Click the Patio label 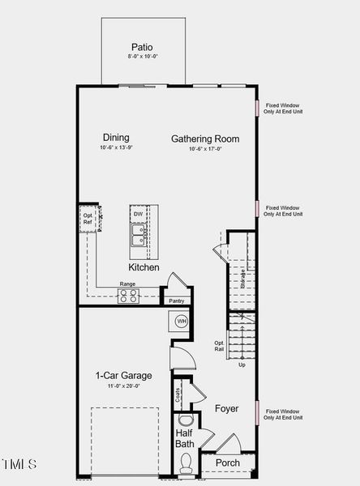click(141, 48)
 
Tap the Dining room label click(115, 138)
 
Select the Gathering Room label click(204, 139)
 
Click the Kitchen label click(144, 266)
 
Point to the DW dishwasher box click(138, 214)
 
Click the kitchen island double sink click(138, 235)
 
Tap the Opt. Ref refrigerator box click(88, 220)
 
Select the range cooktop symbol click(128, 296)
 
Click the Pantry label click(177, 301)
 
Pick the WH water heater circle click(182, 322)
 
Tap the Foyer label click(226, 409)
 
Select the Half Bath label click(185, 438)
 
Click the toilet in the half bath click(186, 463)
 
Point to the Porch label click(227, 463)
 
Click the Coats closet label click(178, 395)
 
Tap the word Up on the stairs click(242, 365)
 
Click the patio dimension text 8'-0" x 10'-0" click(141, 58)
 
